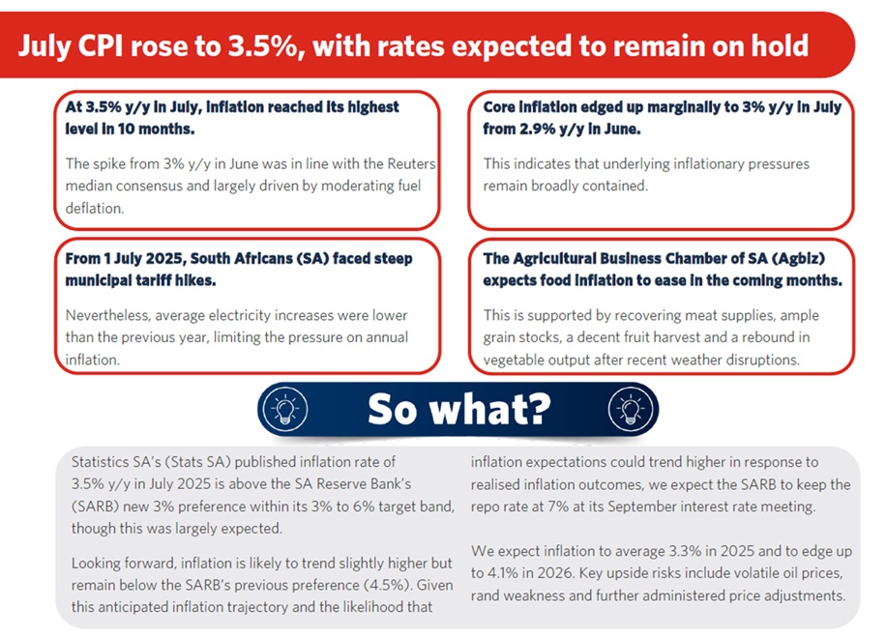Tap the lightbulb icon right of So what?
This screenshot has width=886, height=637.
[626, 410]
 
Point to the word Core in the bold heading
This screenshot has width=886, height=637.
[503, 107]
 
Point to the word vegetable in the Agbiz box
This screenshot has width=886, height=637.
[517, 359]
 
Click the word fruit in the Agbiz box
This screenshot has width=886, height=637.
[671, 337]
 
